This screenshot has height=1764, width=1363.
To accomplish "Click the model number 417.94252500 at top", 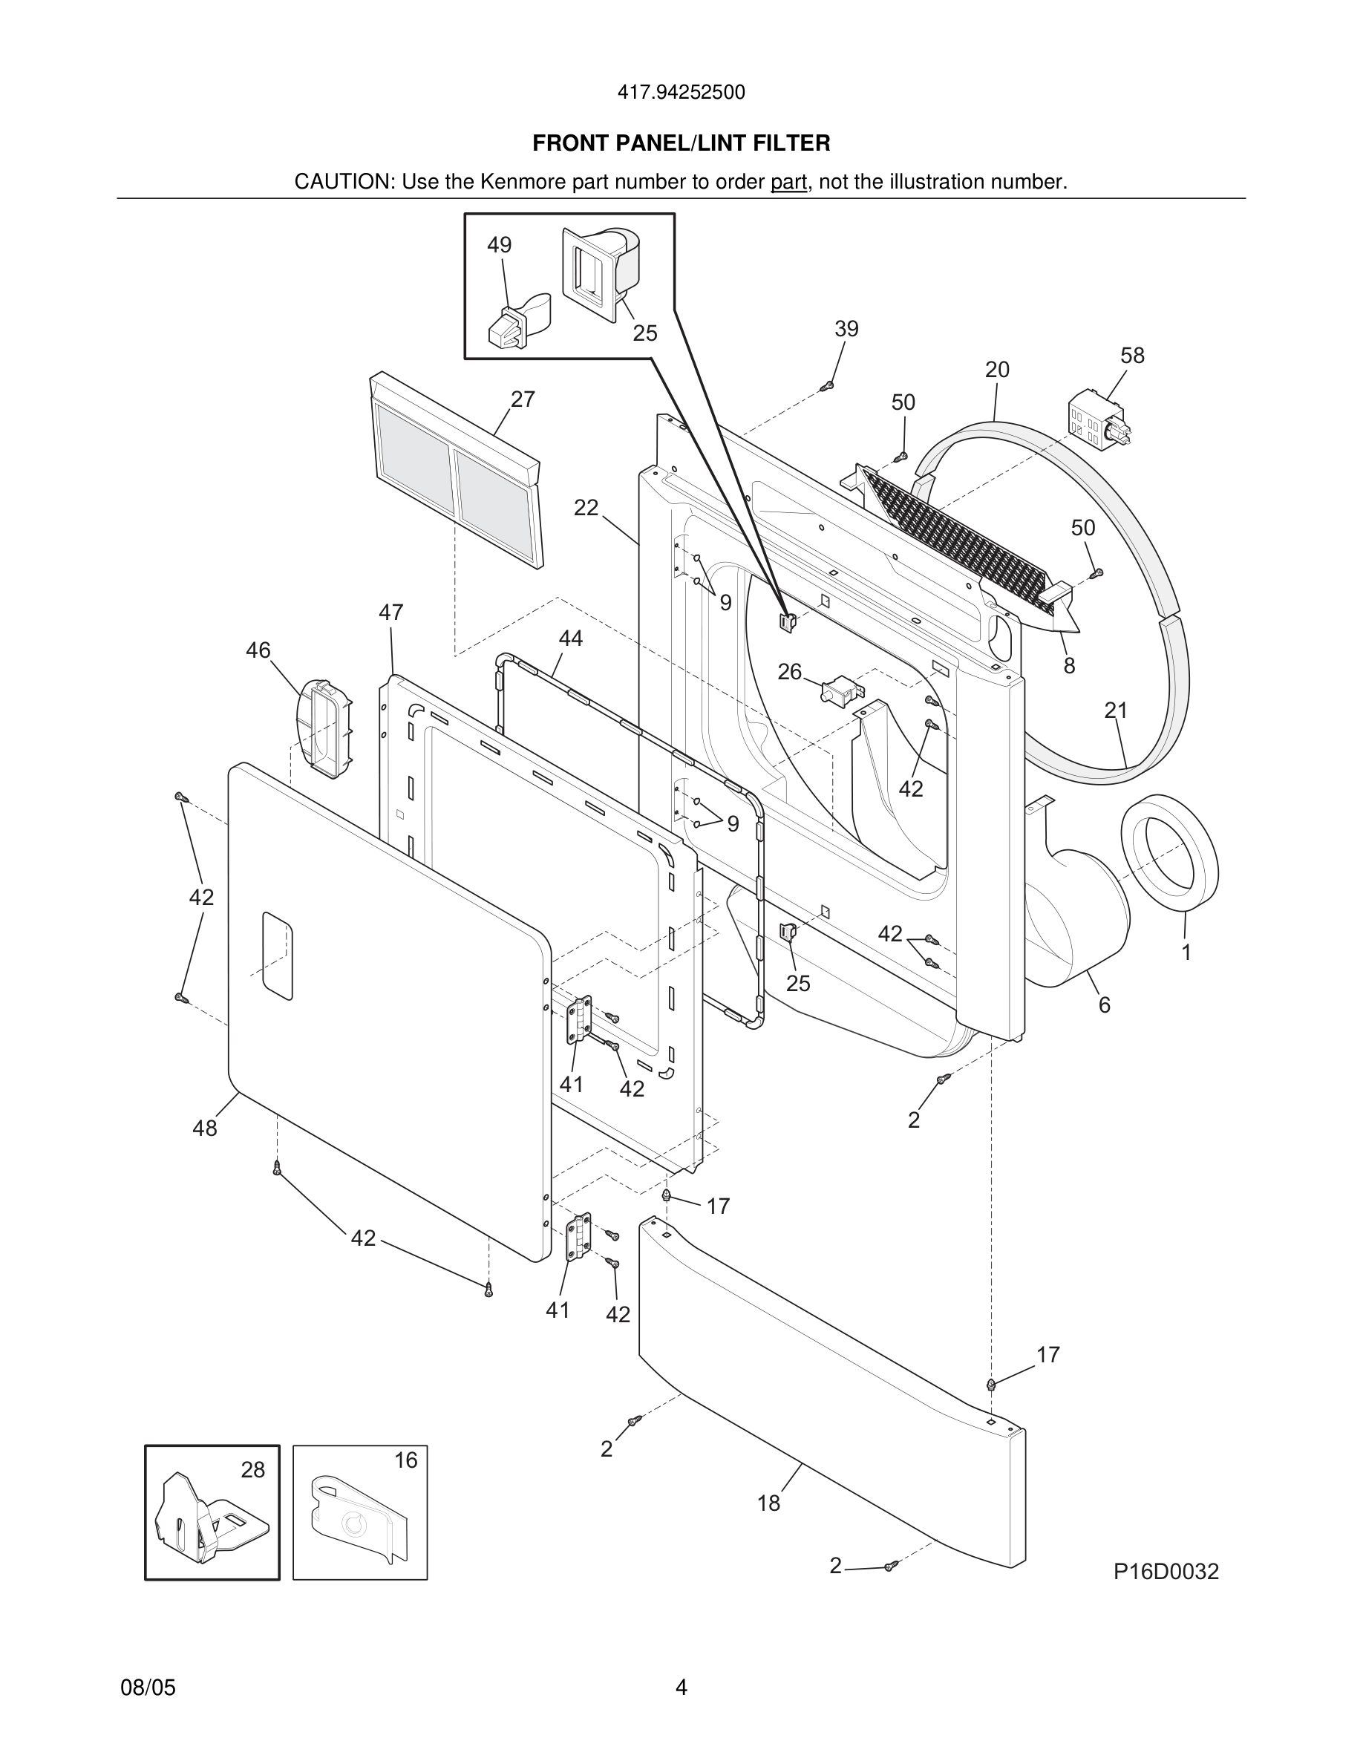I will pyautogui.click(x=681, y=93).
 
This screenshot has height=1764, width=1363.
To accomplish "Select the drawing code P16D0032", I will pyautogui.click(x=1166, y=1572).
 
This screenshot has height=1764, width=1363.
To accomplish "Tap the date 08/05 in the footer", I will pyautogui.click(x=148, y=1688).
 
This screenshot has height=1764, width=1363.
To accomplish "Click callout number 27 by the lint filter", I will pyautogui.click(x=523, y=399).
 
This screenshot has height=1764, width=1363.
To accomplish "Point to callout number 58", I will pyautogui.click(x=1132, y=356).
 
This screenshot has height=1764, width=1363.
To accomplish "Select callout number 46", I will pyautogui.click(x=258, y=650).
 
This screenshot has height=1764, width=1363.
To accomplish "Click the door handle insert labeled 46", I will pyautogui.click(x=325, y=728).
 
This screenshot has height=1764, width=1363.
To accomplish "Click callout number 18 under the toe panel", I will pyautogui.click(x=768, y=1503).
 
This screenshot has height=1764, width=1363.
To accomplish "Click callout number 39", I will pyautogui.click(x=846, y=329).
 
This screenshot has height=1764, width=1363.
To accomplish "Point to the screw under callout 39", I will pyautogui.click(x=826, y=387).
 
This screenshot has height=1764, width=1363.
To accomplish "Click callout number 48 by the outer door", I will pyautogui.click(x=204, y=1128).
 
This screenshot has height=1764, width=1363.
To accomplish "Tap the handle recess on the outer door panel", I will pyautogui.click(x=277, y=956).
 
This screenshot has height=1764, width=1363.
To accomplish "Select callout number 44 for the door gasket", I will pyautogui.click(x=570, y=638).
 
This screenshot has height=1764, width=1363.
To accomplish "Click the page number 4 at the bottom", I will pyautogui.click(x=681, y=1688).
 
